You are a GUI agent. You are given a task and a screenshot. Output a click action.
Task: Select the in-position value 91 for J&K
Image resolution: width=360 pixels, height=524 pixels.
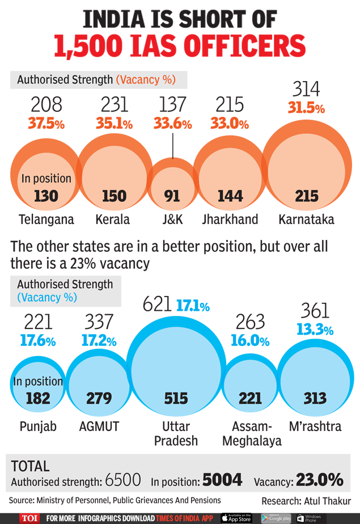[x=172, y=196]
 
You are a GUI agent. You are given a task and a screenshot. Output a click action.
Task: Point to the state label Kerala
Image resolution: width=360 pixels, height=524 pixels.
[x=114, y=219]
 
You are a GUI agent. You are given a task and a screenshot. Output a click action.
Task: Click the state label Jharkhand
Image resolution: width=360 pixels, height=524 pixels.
[x=230, y=219]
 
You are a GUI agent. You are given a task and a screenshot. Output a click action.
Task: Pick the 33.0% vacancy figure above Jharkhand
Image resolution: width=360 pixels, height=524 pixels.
[x=230, y=124]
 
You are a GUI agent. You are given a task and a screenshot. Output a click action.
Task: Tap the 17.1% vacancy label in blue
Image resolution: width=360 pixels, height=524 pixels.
[x=193, y=307]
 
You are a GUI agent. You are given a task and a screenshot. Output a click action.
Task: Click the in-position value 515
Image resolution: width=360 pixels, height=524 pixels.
[x=176, y=398]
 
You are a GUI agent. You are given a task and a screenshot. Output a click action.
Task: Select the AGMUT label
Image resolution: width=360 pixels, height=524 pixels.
[x=99, y=426]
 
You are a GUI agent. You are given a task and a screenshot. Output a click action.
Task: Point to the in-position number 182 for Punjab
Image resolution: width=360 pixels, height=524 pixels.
[x=38, y=398]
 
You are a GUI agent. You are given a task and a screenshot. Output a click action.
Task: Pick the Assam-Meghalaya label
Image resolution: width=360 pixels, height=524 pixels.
[x=252, y=433]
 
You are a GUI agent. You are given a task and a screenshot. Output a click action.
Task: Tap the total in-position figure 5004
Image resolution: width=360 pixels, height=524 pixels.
[x=222, y=481]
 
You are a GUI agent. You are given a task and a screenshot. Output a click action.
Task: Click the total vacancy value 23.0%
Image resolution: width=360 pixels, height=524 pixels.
[x=319, y=481]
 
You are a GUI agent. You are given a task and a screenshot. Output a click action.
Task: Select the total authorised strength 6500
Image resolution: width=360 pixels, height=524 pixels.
[x=122, y=481]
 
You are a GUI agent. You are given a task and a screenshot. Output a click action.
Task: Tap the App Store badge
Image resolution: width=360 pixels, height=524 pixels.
[x=236, y=518]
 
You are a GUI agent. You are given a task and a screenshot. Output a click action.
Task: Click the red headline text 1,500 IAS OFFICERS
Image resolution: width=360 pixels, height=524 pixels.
[x=180, y=45]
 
